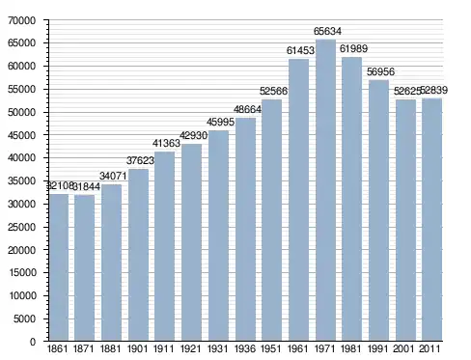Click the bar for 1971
click(325, 190)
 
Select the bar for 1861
click(59, 267)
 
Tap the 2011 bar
click(431, 219)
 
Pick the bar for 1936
click(245, 229)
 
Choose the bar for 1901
click(138, 255)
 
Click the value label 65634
click(327, 31)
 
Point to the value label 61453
click(300, 50)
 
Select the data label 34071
click(113, 176)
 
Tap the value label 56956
click(380, 71)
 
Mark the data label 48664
click(247, 109)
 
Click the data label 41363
click(166, 143)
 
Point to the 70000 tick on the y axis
click(22, 20)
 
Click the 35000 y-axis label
click(22, 180)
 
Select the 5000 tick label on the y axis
click(24, 318)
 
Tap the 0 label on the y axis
click(33, 342)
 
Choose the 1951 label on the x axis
click(271, 348)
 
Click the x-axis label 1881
click(110, 348)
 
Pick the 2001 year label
click(403, 348)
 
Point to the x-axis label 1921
click(191, 348)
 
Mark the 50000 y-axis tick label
click(22, 112)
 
